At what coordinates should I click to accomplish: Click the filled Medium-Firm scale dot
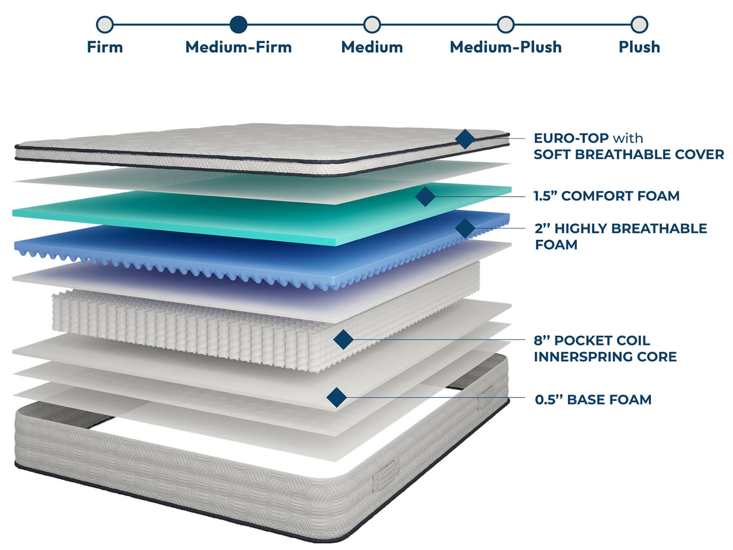238,24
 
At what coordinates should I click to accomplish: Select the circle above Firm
105,24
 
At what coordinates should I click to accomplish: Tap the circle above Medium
372,24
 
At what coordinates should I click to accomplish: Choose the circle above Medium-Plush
505,24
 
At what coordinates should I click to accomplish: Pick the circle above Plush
639,24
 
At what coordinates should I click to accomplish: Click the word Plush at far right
639,47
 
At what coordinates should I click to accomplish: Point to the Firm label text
105,47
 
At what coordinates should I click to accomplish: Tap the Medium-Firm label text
238,47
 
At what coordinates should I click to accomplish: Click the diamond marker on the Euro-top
465,139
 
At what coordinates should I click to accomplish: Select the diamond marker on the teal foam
425,196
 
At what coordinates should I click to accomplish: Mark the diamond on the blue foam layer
465,228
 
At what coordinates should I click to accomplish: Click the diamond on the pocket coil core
343,339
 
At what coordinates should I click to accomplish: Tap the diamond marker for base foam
337,397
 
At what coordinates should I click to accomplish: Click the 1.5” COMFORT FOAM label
606,196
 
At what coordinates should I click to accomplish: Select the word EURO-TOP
571,138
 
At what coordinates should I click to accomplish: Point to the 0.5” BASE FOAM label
593,399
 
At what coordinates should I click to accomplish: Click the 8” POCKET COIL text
591,340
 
